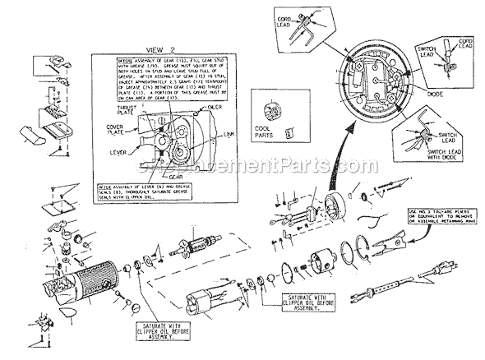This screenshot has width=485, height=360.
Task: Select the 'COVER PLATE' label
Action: [x=114, y=130]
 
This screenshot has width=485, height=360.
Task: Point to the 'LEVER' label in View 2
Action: [x=119, y=154]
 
